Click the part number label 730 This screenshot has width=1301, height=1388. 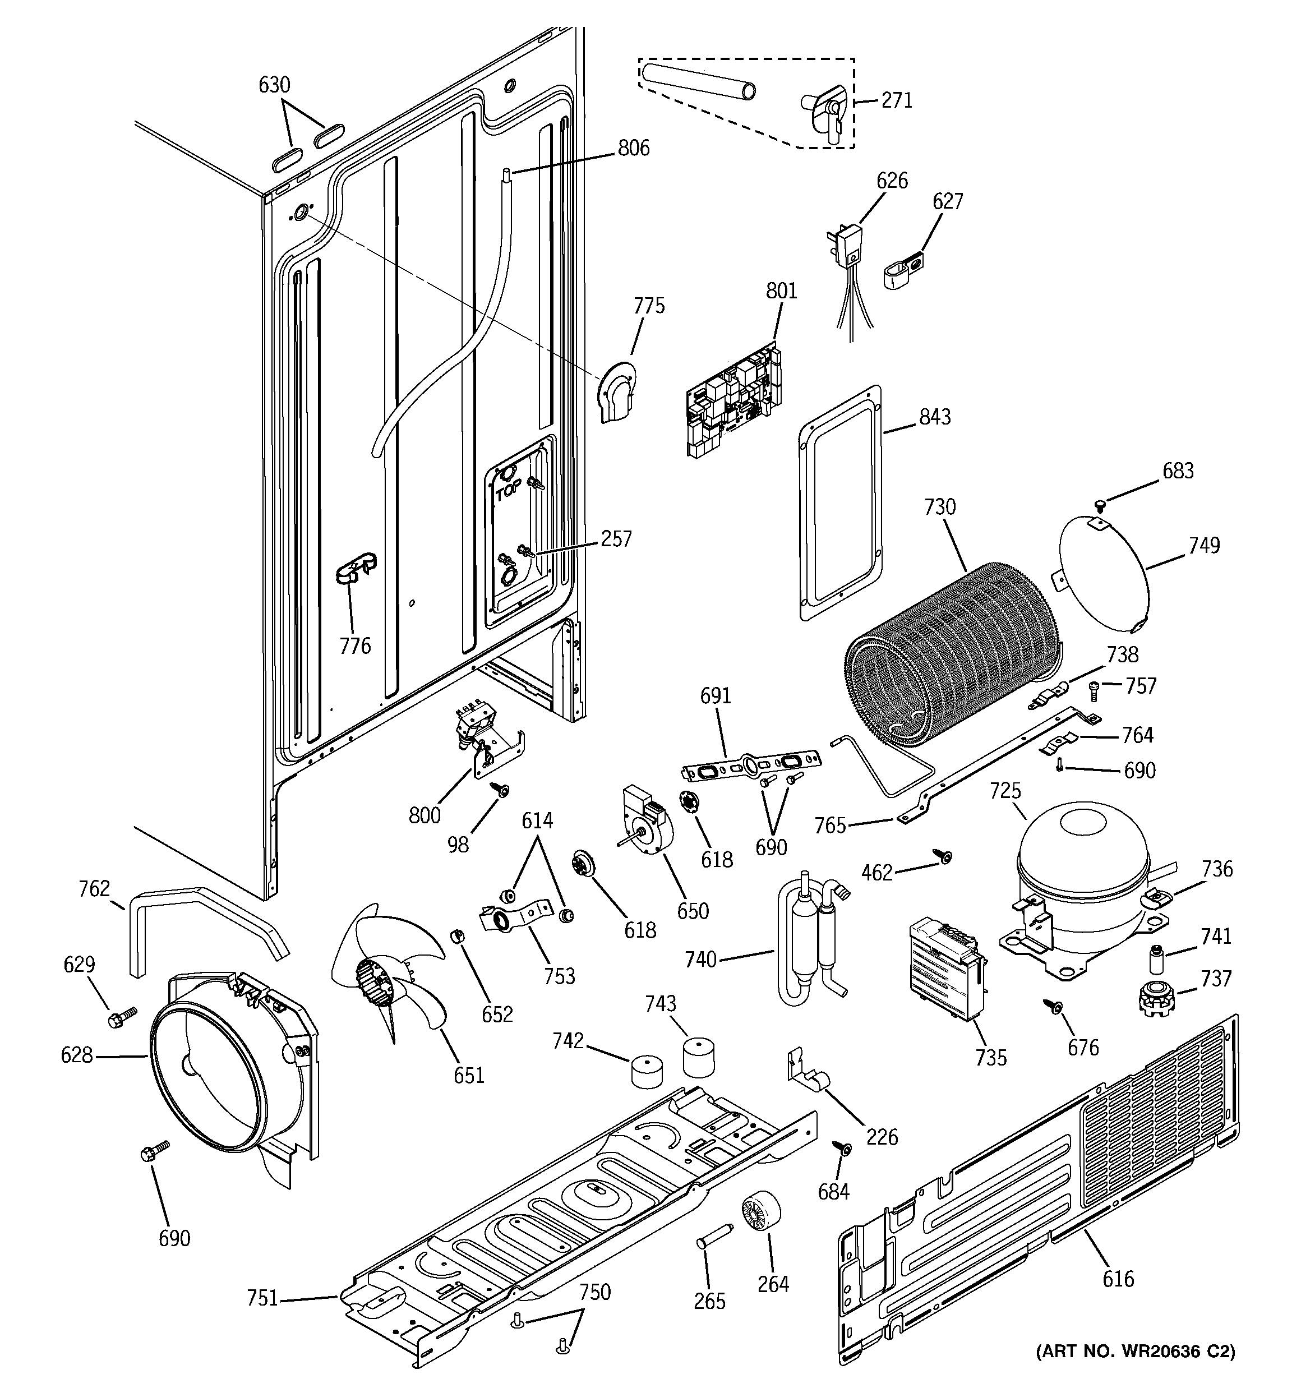(x=939, y=507)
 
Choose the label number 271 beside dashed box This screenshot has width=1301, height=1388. (x=897, y=100)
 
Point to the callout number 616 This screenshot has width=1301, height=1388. (x=1118, y=1279)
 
